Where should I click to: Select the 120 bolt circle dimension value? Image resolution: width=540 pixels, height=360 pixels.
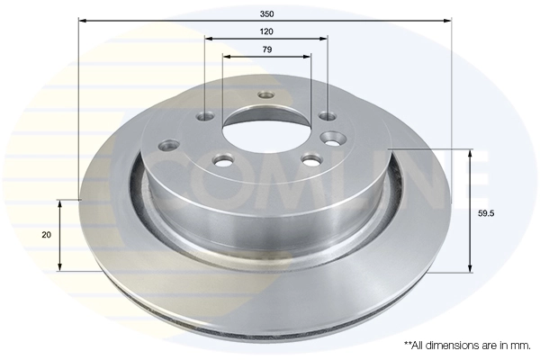tap(265, 31)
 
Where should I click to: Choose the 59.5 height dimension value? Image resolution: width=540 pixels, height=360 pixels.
tap(488, 213)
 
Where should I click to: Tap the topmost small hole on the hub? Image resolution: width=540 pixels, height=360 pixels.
tap(265, 95)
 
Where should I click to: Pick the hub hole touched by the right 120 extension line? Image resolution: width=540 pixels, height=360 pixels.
tap(327, 115)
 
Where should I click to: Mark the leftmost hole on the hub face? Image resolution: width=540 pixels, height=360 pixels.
tap(168, 142)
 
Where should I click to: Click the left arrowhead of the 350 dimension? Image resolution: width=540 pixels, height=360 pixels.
tap(83, 18)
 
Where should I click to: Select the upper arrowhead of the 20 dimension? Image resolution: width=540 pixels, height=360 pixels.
tap(60, 202)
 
